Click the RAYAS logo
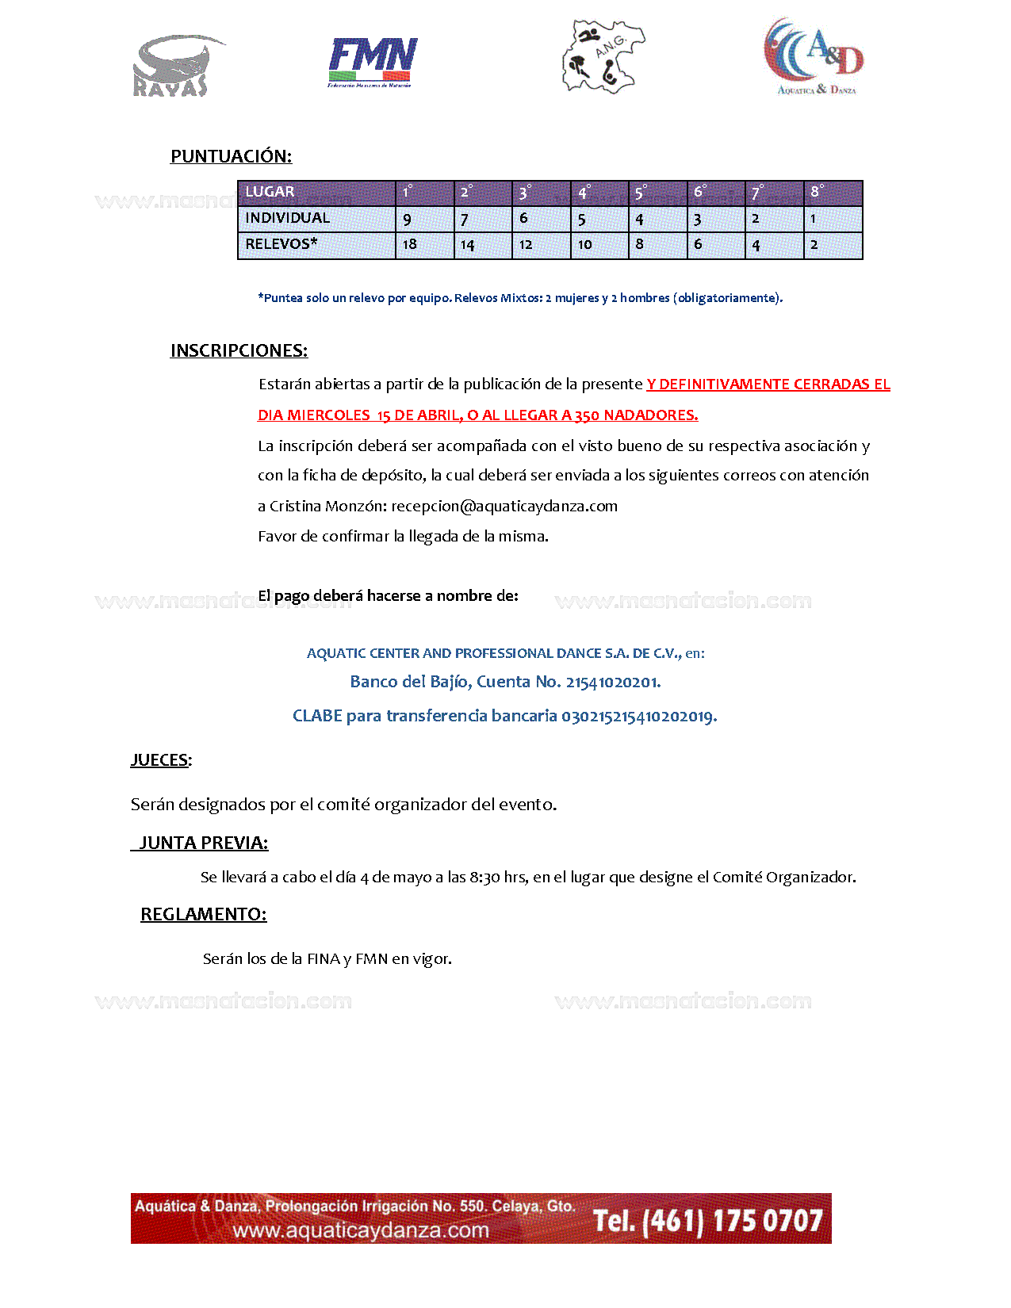click(x=172, y=66)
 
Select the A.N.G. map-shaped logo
click(x=602, y=56)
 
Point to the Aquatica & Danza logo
click(x=814, y=57)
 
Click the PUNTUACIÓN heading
click(x=231, y=156)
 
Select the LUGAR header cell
click(x=270, y=192)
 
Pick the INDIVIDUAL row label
click(x=287, y=218)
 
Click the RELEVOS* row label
click(x=281, y=244)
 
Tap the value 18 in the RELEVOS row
click(x=409, y=244)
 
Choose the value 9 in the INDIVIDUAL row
click(x=407, y=219)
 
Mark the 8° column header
click(x=817, y=192)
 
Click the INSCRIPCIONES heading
click(x=239, y=350)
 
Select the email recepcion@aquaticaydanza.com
click(x=504, y=507)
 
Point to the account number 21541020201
click(x=612, y=683)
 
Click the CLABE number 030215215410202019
click(x=638, y=717)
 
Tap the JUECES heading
click(x=160, y=760)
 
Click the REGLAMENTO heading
click(x=203, y=914)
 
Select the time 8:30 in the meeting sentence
click(x=485, y=878)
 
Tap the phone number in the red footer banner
click(x=707, y=1220)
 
